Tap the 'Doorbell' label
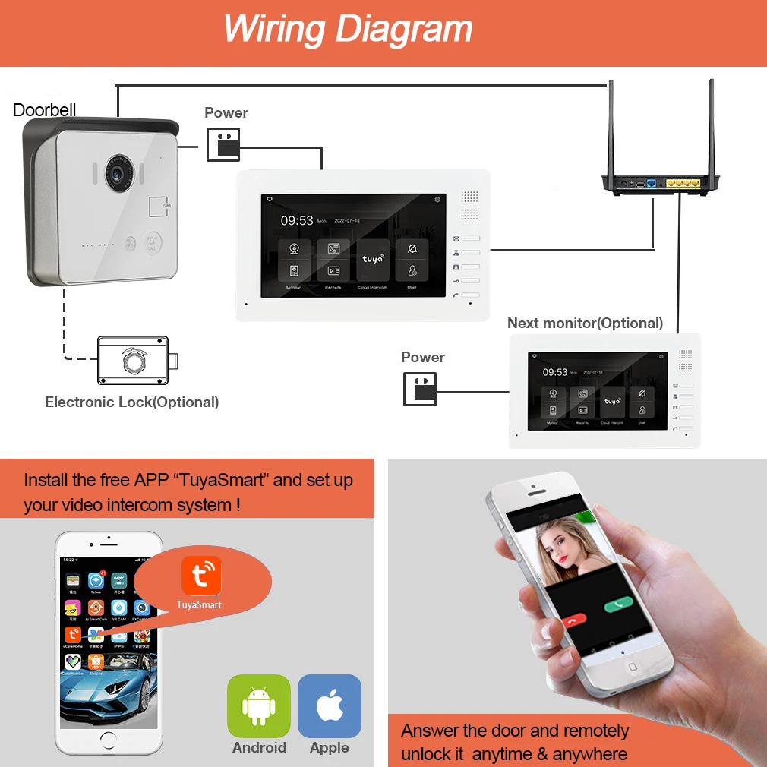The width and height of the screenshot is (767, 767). point(45,110)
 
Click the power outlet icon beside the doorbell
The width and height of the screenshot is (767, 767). point(223,144)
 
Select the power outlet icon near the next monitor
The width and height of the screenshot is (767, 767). point(420,388)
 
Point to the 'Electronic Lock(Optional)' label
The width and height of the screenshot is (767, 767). point(131,402)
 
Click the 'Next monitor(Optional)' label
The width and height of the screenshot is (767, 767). point(585,323)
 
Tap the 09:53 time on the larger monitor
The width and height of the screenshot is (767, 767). point(297,221)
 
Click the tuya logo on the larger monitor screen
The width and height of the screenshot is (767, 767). point(372,259)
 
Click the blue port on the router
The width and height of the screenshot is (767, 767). point(652,184)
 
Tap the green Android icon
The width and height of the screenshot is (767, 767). point(259,706)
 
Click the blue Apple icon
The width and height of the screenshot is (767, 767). point(330,706)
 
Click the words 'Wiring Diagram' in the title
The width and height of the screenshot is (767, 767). point(347,29)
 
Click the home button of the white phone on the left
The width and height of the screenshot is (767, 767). point(109,739)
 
